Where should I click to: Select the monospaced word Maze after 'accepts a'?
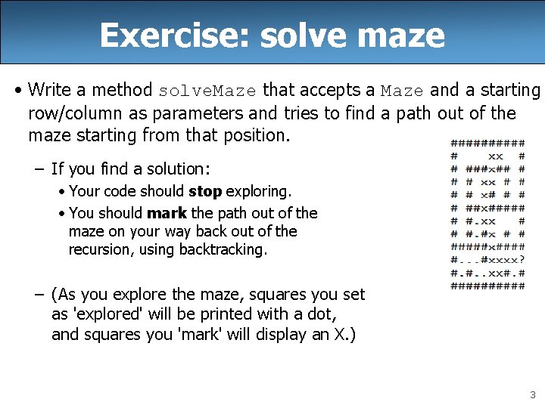point(402,91)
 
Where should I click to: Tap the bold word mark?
point(167,213)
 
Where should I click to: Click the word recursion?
point(103,249)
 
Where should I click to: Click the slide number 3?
point(532,394)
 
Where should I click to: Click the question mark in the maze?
point(522,260)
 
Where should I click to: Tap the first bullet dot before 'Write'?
point(18,91)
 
